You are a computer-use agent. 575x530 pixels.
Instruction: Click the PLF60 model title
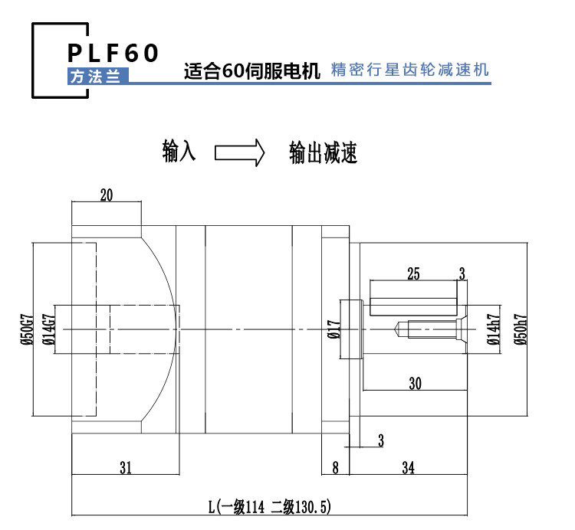pyautogui.click(x=113, y=53)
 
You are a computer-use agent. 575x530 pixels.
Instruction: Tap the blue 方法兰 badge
pyautogui.click(x=98, y=76)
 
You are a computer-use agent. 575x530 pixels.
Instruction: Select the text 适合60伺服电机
pyautogui.click(x=252, y=70)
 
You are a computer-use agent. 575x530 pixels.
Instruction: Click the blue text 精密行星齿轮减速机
pyautogui.click(x=410, y=70)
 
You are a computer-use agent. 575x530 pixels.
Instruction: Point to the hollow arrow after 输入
pyautogui.click(x=239, y=152)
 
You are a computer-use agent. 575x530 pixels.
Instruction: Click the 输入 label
pyautogui.click(x=179, y=151)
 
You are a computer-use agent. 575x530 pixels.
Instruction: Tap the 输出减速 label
pyautogui.click(x=323, y=152)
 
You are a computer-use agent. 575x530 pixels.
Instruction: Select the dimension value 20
pyautogui.click(x=107, y=195)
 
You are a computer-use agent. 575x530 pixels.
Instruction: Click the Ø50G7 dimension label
pyautogui.click(x=27, y=329)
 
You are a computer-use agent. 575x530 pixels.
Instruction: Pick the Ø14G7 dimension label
pyautogui.click(x=49, y=329)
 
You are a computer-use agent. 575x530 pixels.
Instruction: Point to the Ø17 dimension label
pyautogui.click(x=334, y=329)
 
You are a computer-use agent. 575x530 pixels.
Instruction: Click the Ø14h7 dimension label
pyautogui.click(x=494, y=329)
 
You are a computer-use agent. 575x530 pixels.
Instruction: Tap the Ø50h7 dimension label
pyautogui.click(x=521, y=329)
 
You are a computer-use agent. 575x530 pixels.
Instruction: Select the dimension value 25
pyautogui.click(x=413, y=273)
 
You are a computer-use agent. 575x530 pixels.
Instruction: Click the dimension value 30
pyautogui.click(x=415, y=384)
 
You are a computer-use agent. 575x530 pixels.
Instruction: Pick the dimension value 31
pyautogui.click(x=126, y=468)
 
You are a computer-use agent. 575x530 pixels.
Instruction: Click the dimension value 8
pyautogui.click(x=335, y=468)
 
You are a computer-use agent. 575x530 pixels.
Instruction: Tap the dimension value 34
pyautogui.click(x=408, y=468)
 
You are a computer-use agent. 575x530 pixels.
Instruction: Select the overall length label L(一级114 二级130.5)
pyautogui.click(x=270, y=507)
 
